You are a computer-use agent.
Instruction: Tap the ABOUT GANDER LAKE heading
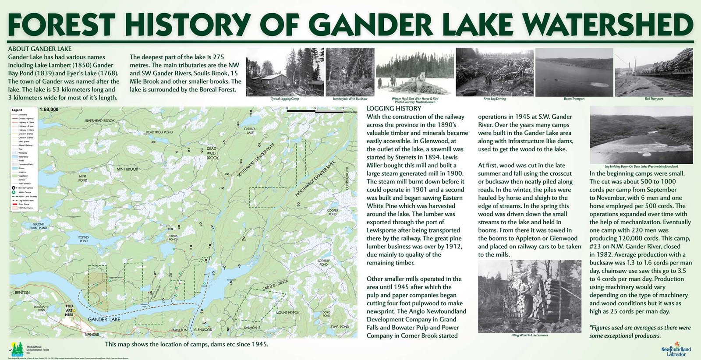pos(39,49)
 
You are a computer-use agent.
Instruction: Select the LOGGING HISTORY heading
pos(393,109)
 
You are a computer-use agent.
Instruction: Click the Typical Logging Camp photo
pos(285,72)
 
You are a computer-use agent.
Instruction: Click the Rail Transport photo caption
pos(653,99)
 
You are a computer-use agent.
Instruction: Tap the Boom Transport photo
pos(574,72)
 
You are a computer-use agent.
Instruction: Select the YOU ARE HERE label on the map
pos(69,311)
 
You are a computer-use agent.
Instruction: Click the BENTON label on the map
pos(22,293)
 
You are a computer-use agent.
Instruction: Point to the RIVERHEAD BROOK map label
pos(100,121)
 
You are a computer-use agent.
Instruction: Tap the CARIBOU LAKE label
pos(250,131)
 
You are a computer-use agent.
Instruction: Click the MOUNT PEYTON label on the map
pos(287,313)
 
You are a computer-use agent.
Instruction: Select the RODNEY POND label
pos(84,239)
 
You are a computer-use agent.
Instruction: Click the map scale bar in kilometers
pos(315,112)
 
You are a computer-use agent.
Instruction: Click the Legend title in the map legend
pos(17,110)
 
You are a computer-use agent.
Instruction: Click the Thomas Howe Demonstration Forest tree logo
pos(17,349)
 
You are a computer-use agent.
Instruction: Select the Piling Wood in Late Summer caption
pos(529,335)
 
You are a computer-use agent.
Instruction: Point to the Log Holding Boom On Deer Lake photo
pos(641,134)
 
